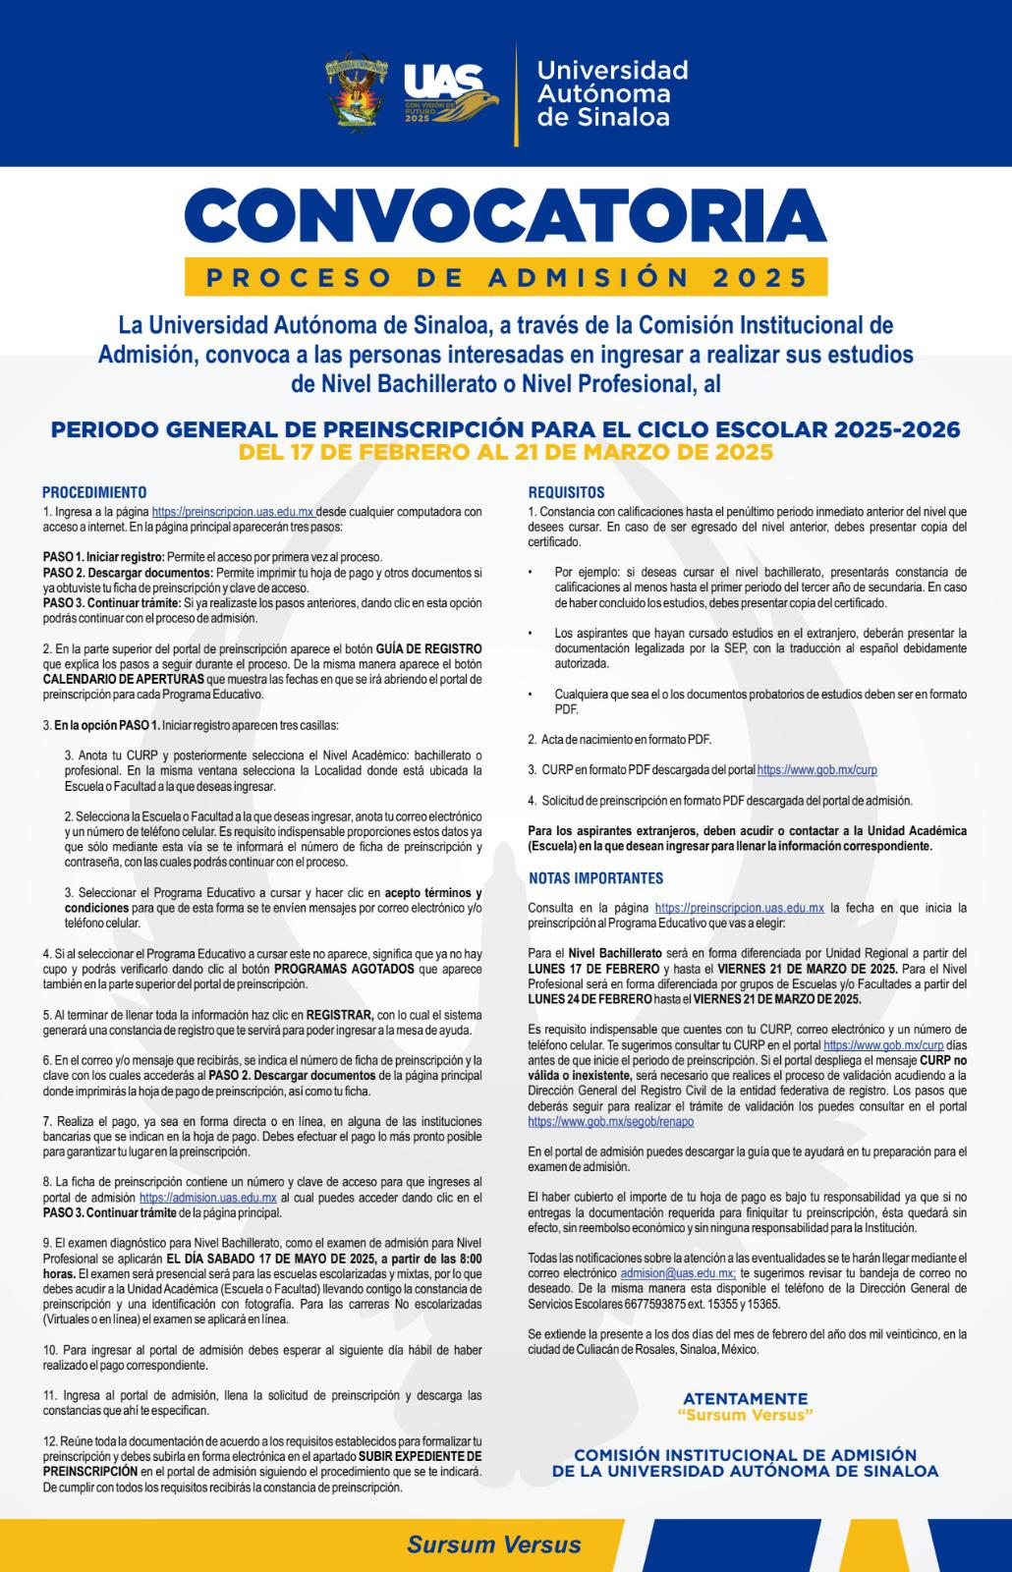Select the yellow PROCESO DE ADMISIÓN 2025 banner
(506, 277)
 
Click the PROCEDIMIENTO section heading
(94, 492)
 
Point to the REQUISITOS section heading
(567, 492)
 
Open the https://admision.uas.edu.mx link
(207, 1198)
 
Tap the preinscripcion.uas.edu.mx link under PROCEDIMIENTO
(233, 511)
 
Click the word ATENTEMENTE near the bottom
(745, 1398)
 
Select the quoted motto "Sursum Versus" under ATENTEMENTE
(745, 1415)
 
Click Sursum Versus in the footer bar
(493, 1544)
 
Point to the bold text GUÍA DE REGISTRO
(428, 649)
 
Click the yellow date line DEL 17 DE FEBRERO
(505, 452)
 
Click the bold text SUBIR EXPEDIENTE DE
(420, 1456)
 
